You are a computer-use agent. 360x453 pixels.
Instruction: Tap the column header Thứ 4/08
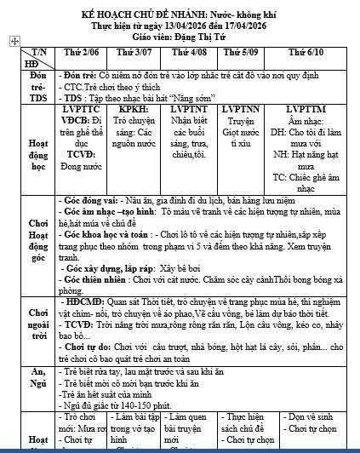pos(190,53)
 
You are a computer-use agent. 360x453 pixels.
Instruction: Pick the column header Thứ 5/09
pos(237,53)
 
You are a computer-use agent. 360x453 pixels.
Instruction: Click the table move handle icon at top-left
pos(13,41)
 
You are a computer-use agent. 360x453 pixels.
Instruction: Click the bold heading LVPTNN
pos(239,110)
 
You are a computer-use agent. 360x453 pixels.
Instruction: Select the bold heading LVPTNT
pos(190,110)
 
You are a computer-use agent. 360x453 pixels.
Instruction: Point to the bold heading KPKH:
pos(135,110)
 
